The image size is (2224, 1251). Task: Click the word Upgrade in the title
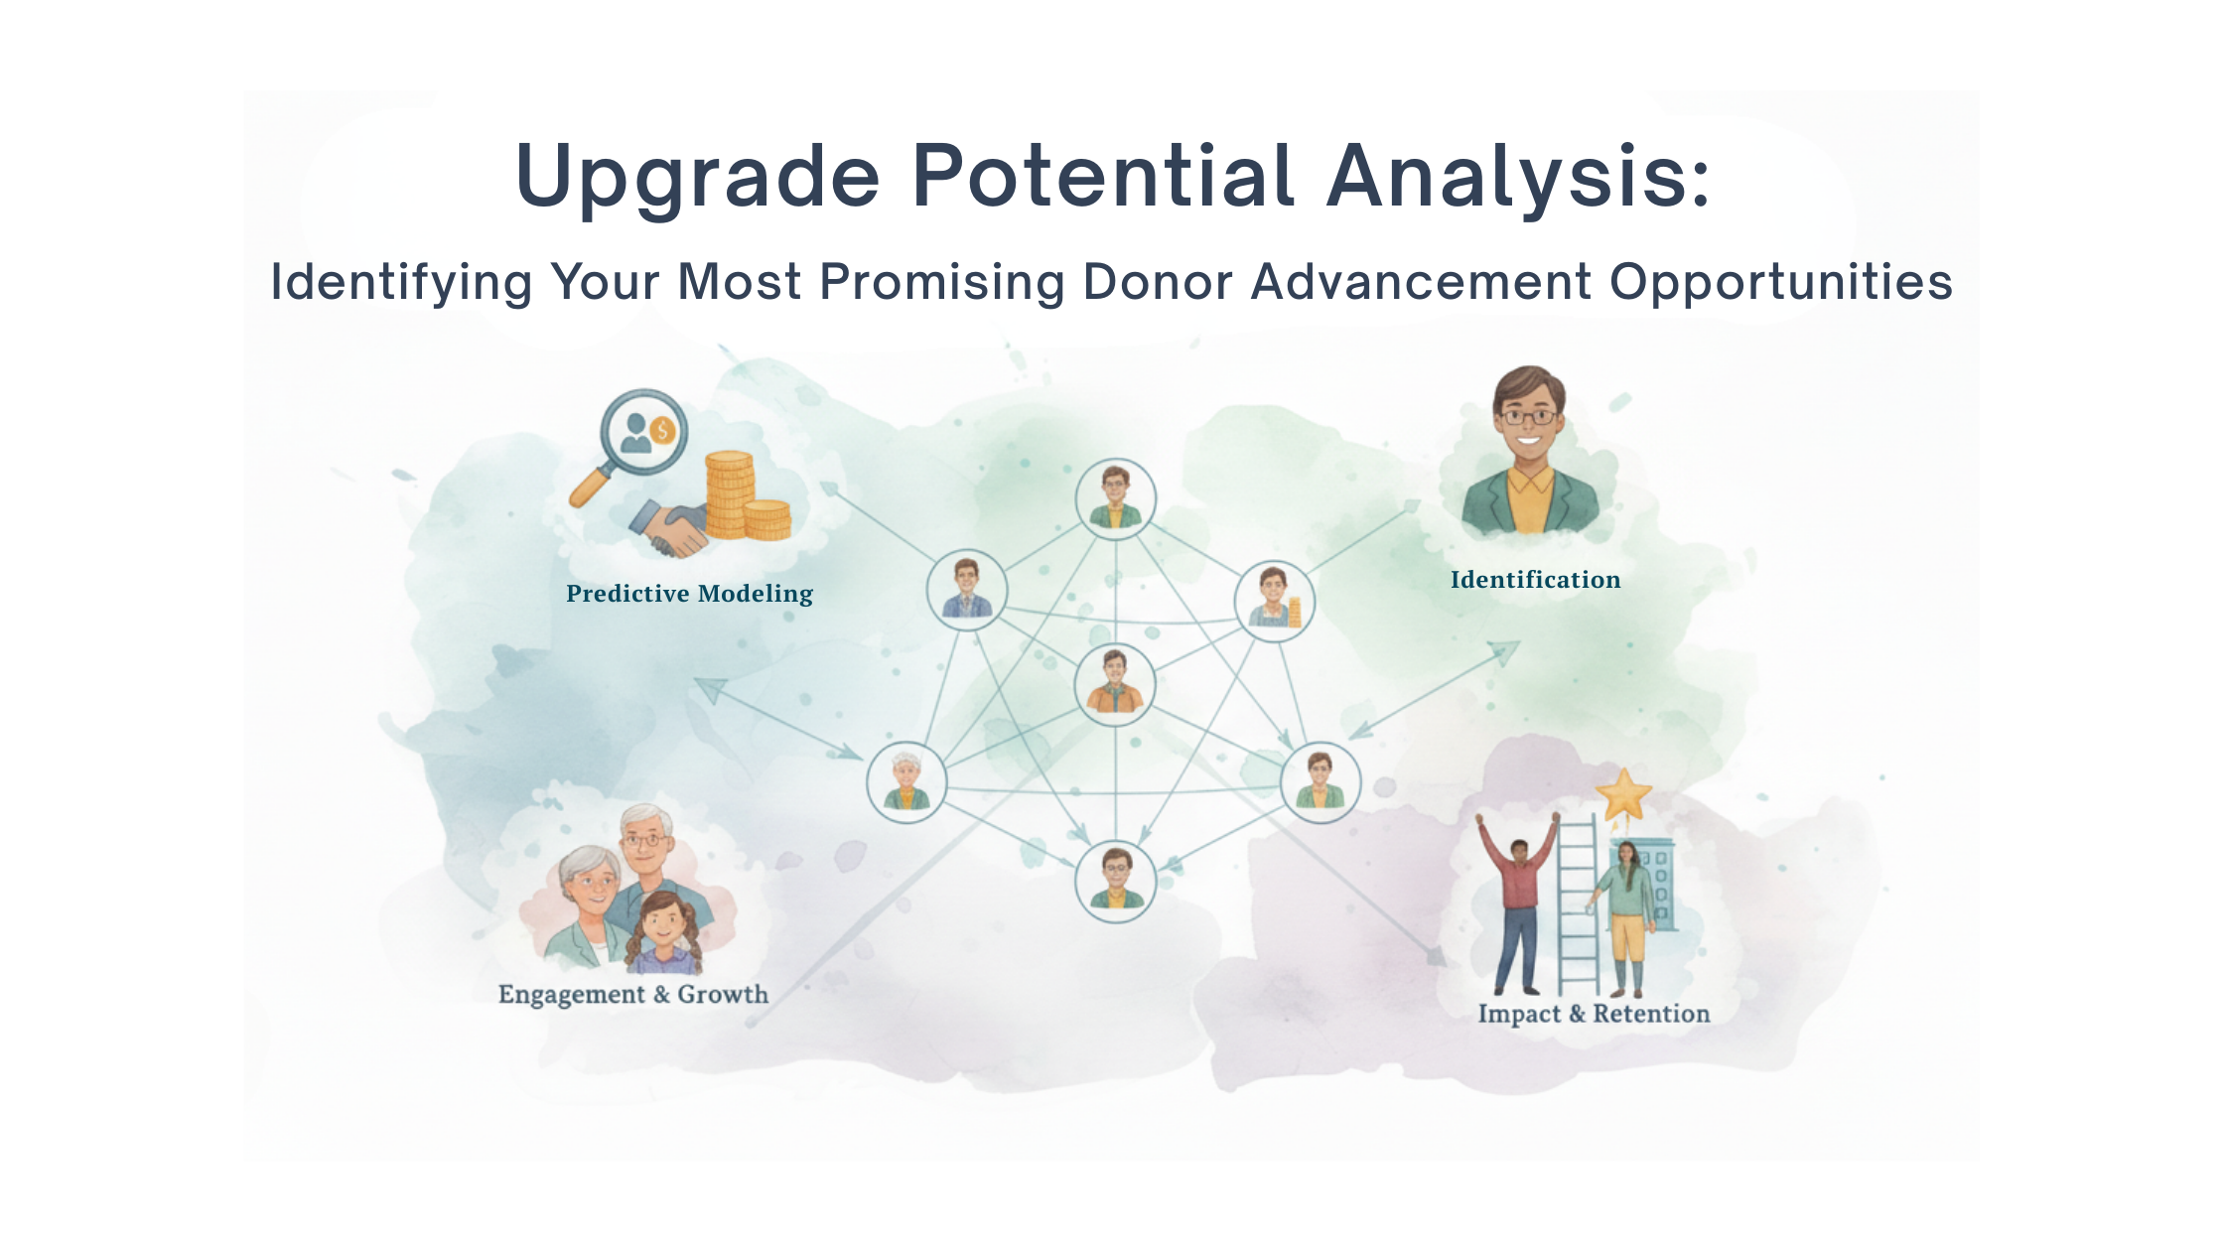[x=698, y=179]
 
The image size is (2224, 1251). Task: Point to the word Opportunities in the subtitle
[x=1781, y=283]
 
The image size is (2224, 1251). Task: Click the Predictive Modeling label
[x=689, y=594]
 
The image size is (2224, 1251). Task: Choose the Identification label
[x=1535, y=580]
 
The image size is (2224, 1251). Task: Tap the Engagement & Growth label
[x=633, y=995]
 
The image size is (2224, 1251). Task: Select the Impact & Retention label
[x=1594, y=1014]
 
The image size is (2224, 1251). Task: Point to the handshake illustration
[x=671, y=527]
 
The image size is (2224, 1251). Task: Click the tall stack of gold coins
[x=729, y=494]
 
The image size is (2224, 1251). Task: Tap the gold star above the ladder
[x=1623, y=793]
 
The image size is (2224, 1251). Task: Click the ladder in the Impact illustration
[x=1576, y=903]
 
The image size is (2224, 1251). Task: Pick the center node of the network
[x=1115, y=684]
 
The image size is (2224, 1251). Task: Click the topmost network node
[x=1116, y=498]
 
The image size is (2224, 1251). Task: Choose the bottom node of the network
[x=1116, y=881]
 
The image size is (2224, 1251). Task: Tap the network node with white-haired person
[x=906, y=782]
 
